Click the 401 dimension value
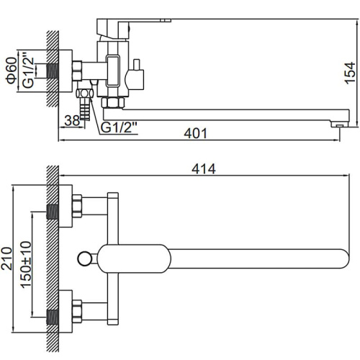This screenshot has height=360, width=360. click(x=195, y=133)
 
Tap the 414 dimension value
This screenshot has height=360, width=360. click(x=204, y=169)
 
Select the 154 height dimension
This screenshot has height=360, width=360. click(x=350, y=73)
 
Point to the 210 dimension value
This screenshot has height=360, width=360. click(x=6, y=258)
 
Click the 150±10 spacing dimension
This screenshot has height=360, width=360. click(x=26, y=265)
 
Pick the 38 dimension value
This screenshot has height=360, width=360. click(x=72, y=121)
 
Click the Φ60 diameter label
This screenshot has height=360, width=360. click(x=12, y=71)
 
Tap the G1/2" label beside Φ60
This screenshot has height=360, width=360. click(x=28, y=73)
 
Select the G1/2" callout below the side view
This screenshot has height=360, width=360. click(x=119, y=127)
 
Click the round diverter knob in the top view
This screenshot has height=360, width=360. click(x=84, y=258)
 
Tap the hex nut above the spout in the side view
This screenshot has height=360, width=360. click(x=113, y=102)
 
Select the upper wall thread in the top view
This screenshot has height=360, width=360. click(x=53, y=212)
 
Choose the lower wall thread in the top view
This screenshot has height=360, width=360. click(x=53, y=318)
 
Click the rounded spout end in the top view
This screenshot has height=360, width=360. click(x=343, y=258)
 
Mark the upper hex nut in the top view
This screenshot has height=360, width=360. click(x=77, y=206)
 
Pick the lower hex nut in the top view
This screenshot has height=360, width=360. click(x=77, y=311)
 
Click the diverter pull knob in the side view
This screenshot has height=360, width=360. click(x=135, y=74)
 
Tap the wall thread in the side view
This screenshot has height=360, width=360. click(x=53, y=71)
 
